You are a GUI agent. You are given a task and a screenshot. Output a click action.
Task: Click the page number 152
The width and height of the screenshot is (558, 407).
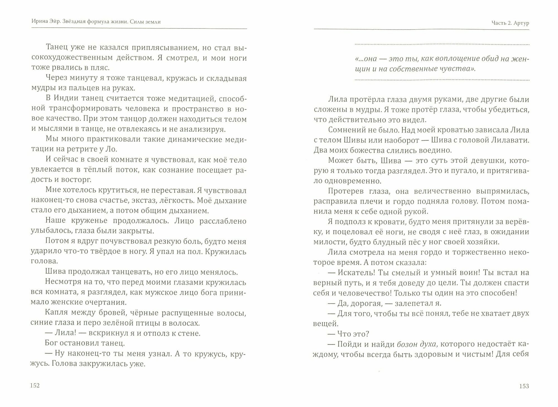point(35,386)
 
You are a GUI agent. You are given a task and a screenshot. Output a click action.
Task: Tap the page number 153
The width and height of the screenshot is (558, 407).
point(524,386)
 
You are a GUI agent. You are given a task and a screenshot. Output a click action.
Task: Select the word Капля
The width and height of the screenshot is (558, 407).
point(56,313)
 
